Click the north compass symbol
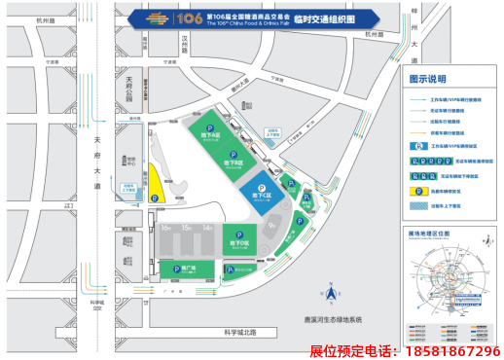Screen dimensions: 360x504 click(x=330, y=293)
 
